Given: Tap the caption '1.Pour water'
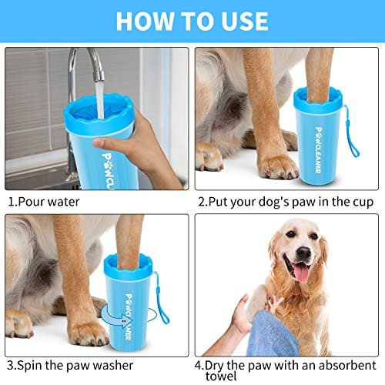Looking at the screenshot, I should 44,202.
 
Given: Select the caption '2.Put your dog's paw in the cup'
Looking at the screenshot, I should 285,202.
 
